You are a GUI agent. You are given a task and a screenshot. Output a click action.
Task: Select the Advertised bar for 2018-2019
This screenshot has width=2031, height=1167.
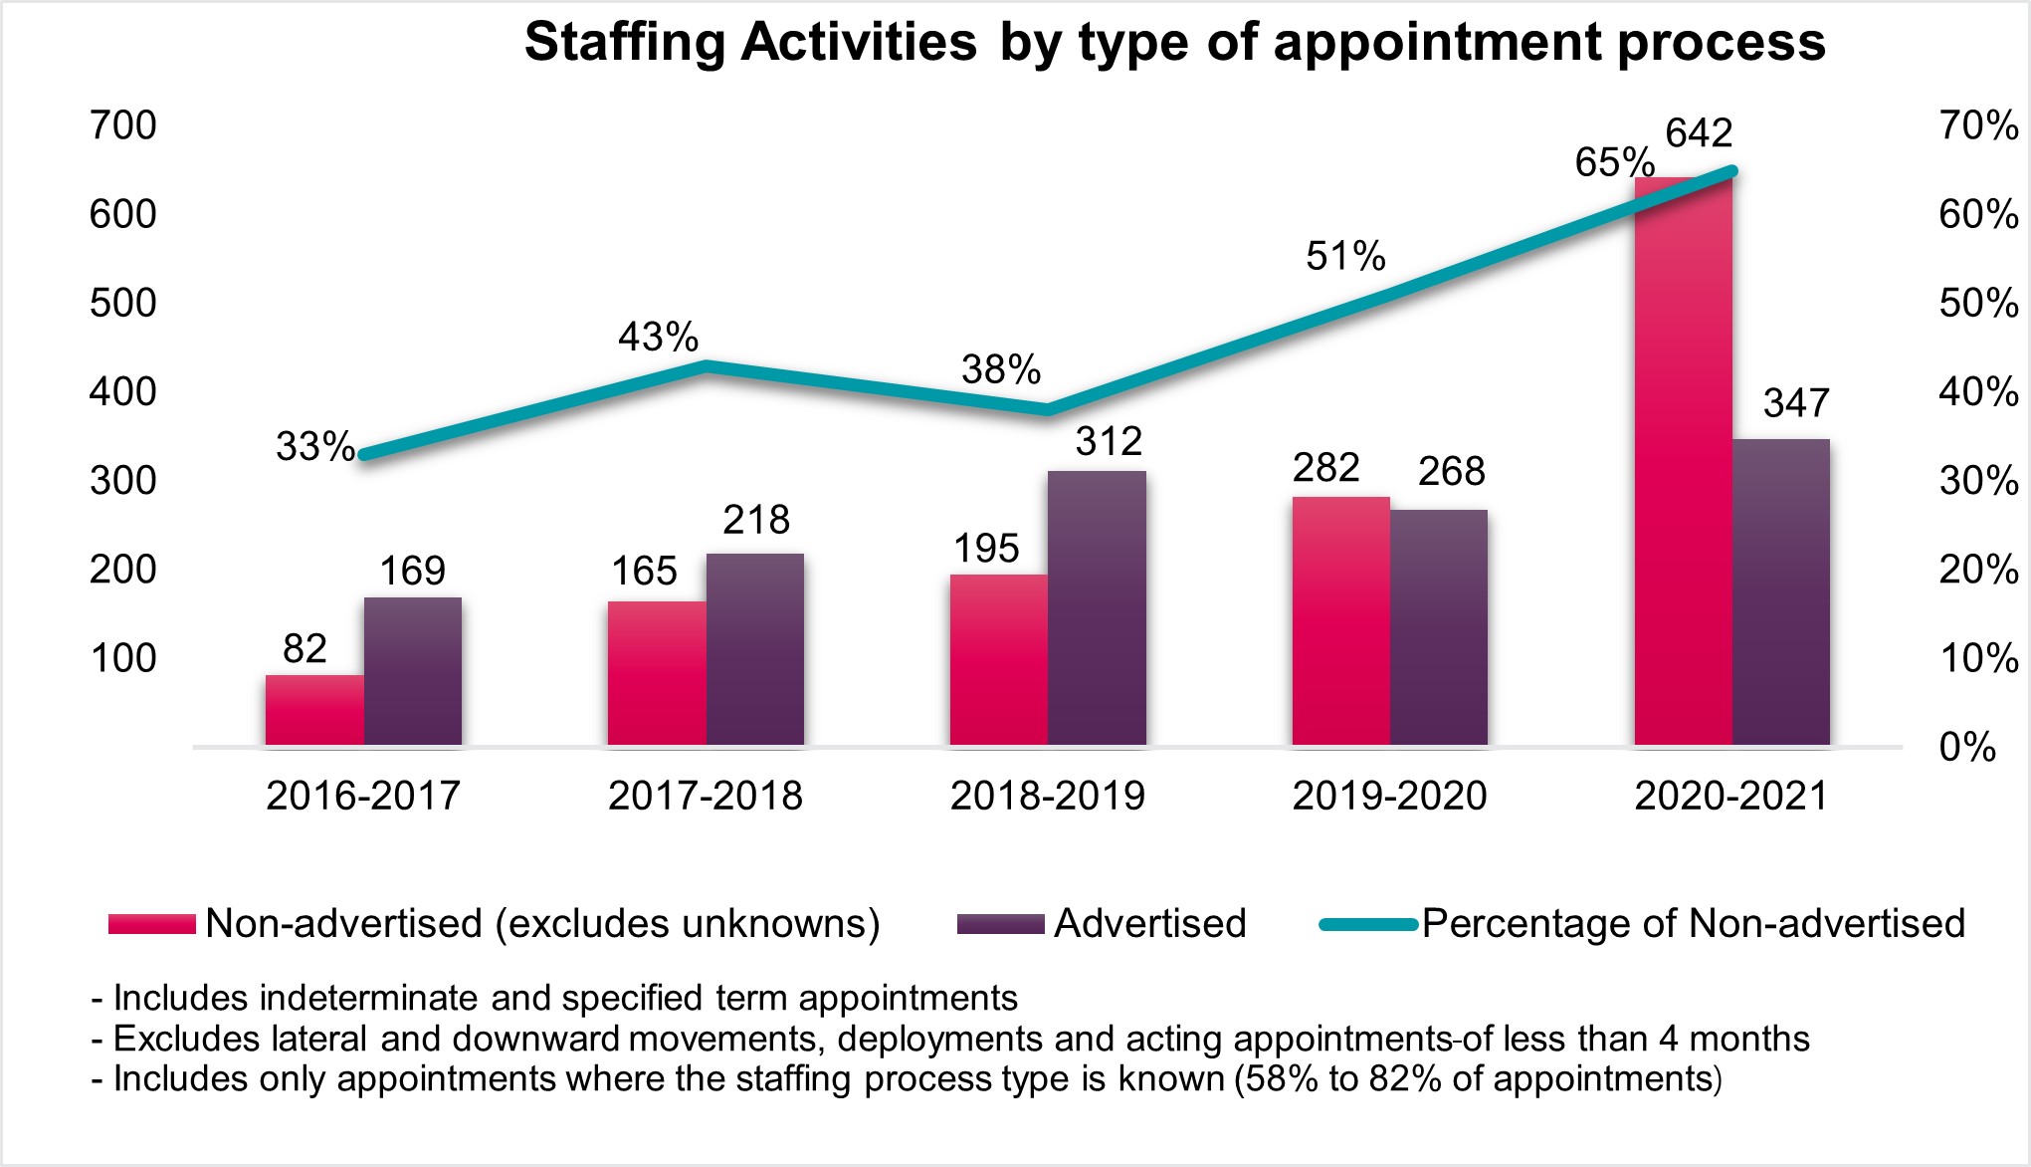click(1097, 607)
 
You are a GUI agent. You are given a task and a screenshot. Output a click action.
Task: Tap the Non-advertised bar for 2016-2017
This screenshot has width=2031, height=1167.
click(314, 710)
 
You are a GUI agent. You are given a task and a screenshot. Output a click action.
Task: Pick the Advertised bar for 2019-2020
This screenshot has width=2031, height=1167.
click(1439, 627)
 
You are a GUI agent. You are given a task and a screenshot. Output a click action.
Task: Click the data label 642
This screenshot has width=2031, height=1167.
click(1699, 133)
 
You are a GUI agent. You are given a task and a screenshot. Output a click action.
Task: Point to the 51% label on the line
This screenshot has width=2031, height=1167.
click(1345, 257)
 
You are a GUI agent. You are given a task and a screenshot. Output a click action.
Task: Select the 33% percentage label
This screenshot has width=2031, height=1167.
click(315, 447)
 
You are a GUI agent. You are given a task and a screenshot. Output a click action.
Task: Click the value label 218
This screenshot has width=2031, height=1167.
click(756, 520)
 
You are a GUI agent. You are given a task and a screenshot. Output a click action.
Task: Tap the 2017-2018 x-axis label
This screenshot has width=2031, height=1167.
click(706, 796)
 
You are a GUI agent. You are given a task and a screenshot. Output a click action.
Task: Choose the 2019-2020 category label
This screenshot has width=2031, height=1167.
click(1389, 796)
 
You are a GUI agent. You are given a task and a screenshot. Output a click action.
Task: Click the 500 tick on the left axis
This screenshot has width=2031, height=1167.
click(123, 303)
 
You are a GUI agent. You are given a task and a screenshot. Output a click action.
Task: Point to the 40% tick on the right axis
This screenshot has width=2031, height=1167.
click(1978, 392)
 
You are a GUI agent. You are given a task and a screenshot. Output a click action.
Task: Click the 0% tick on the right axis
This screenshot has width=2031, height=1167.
click(1967, 747)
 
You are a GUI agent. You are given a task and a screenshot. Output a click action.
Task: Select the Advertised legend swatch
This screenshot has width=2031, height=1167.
click(1000, 924)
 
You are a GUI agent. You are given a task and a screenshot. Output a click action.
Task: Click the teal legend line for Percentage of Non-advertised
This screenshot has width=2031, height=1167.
click(1368, 925)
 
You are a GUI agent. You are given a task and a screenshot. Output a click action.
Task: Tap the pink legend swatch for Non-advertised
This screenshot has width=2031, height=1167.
click(152, 924)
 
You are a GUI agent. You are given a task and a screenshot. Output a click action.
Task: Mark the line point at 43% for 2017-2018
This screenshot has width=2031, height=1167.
click(706, 365)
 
